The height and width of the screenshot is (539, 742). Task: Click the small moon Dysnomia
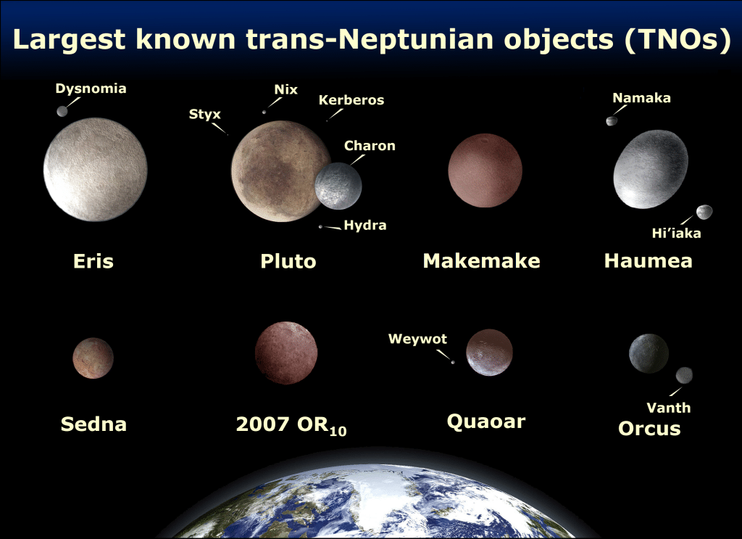62,111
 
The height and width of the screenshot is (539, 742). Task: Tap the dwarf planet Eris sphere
95,170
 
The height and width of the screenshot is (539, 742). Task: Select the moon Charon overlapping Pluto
338,184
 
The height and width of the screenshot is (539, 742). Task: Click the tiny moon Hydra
320,227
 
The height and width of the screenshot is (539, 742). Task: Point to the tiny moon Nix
264,112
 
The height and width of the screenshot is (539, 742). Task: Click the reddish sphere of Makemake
485,171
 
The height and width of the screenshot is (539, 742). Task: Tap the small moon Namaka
612,120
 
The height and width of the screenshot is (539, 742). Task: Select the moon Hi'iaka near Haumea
703,212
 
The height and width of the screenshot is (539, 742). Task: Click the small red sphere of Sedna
93,358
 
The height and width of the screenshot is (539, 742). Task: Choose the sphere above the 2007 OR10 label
285,353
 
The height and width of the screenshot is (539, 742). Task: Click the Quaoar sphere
489,353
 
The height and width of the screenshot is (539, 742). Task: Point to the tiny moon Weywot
454,363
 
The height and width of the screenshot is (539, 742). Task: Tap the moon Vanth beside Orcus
684,375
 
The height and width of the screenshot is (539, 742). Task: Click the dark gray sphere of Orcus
649,353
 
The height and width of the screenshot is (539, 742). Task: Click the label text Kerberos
351,100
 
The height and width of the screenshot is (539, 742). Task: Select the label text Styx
204,114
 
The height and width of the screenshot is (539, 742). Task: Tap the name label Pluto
288,261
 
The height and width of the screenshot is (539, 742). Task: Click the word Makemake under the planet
481,261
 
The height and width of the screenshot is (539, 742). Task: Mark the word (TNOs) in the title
676,40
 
